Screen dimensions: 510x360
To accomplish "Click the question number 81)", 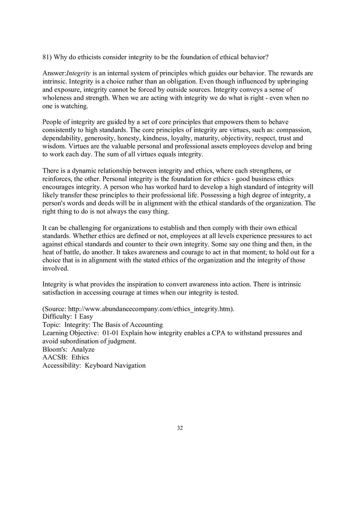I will click(x=47, y=57).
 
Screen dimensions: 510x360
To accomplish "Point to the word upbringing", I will click(x=291, y=81).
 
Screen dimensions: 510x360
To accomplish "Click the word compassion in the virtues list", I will click(x=295, y=130).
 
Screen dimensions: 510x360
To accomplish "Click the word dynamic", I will click(x=84, y=171).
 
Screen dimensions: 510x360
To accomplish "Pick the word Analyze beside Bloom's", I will click(x=83, y=349).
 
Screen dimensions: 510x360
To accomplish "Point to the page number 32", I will click(x=180, y=428).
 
